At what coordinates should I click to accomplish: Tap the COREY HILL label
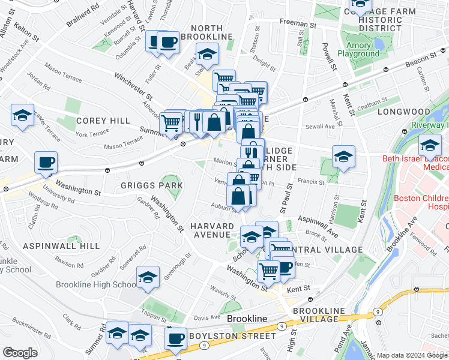(103, 121)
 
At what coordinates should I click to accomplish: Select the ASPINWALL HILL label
(53, 246)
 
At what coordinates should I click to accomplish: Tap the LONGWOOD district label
(403, 112)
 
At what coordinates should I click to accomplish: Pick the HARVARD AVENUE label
(211, 230)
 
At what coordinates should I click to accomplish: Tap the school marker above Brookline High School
(148, 277)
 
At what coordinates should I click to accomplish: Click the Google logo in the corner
(20, 353)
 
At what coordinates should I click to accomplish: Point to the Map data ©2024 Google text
(412, 355)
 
